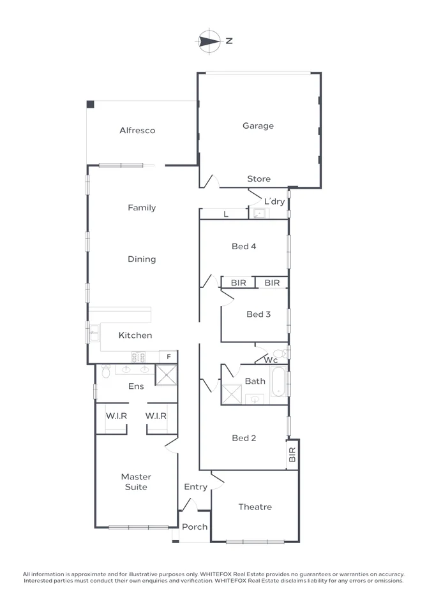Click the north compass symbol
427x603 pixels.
pos(208,41)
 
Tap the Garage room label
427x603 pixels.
pos(258,126)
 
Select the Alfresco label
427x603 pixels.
pos(137,131)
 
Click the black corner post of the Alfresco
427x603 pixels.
pos(91,105)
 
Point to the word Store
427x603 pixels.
pos(258,179)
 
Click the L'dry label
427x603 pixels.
pos(274,201)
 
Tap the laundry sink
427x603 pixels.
pos(259,214)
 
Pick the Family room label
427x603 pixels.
pos(142,208)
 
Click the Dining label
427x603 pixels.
pos(142,259)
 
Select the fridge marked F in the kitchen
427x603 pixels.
pos(169,356)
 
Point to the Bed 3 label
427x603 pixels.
pos(258,314)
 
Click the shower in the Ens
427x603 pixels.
pos(167,375)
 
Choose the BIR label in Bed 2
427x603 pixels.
pos(292,454)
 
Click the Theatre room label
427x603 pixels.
pos(255,507)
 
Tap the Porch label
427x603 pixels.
pos(195,527)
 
